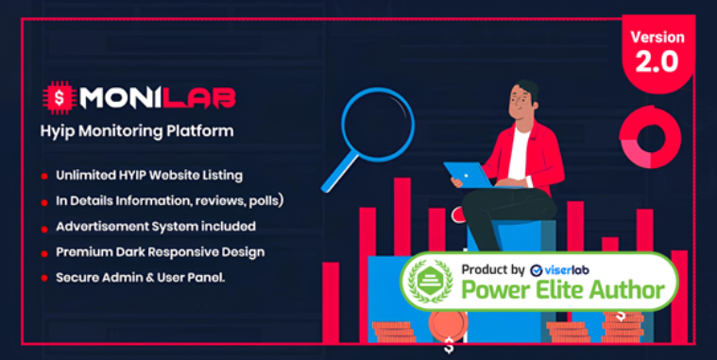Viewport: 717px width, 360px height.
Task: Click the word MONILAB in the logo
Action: click(158, 96)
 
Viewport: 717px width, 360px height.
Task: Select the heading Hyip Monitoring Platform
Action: click(157, 130)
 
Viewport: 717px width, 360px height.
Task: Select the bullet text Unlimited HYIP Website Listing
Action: click(148, 175)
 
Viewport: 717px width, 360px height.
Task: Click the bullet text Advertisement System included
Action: click(155, 226)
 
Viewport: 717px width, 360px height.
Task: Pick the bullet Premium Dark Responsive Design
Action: click(160, 252)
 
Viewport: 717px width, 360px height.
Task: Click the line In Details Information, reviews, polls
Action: click(170, 200)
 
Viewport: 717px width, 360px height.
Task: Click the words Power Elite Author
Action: click(563, 290)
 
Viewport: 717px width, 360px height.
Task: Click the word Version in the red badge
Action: click(657, 38)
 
